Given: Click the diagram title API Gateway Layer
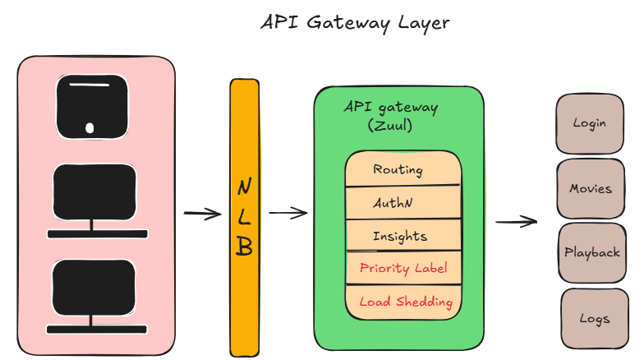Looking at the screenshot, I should point(355,22).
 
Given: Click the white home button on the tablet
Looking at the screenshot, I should point(90,127).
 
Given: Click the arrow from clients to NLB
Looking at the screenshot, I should point(202,215).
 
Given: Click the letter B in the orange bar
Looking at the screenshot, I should point(244,247).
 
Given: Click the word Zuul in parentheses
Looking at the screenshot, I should point(389,127).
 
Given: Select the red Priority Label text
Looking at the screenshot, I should point(403,268).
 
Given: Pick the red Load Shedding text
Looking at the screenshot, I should point(406,302).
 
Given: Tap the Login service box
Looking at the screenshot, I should point(589,123).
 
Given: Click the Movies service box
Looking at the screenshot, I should point(591,188).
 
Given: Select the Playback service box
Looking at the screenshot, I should point(591,252).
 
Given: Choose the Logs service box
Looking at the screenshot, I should point(594,318).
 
